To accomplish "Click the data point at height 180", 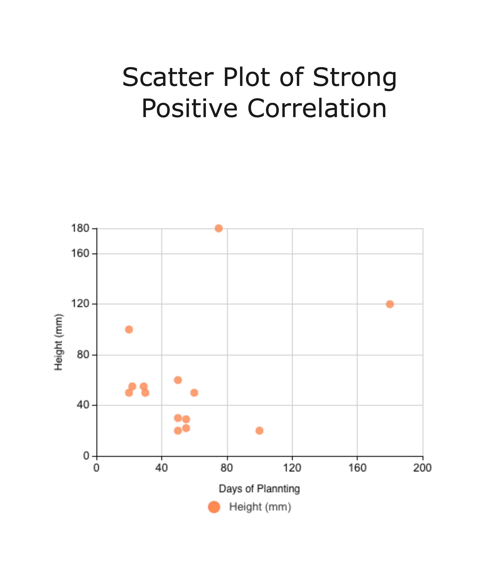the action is coord(218,228).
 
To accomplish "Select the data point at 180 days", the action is coord(390,304).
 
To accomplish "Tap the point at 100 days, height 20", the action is coord(259,431).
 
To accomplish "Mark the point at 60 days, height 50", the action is coord(194,393).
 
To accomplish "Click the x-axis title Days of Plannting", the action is coord(259,488).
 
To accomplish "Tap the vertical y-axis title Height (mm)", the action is coord(59,342).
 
